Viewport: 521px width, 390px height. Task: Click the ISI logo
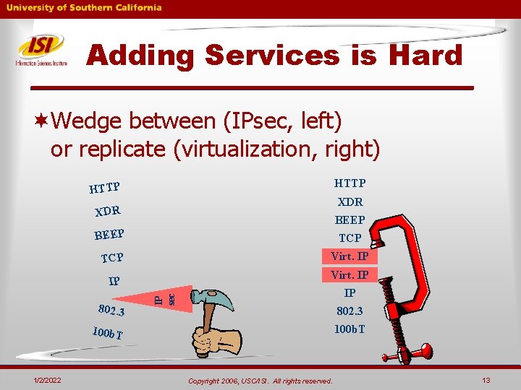(41, 50)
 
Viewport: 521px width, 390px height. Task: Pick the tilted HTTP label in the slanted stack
(104, 188)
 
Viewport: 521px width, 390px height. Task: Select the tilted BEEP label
(109, 235)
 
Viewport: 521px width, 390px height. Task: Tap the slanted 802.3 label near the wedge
(111, 308)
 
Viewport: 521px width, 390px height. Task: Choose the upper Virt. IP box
(350, 256)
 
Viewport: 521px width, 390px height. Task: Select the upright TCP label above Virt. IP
(350, 238)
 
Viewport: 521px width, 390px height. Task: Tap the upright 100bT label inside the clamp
(350, 329)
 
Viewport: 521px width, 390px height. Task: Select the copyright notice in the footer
(260, 381)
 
